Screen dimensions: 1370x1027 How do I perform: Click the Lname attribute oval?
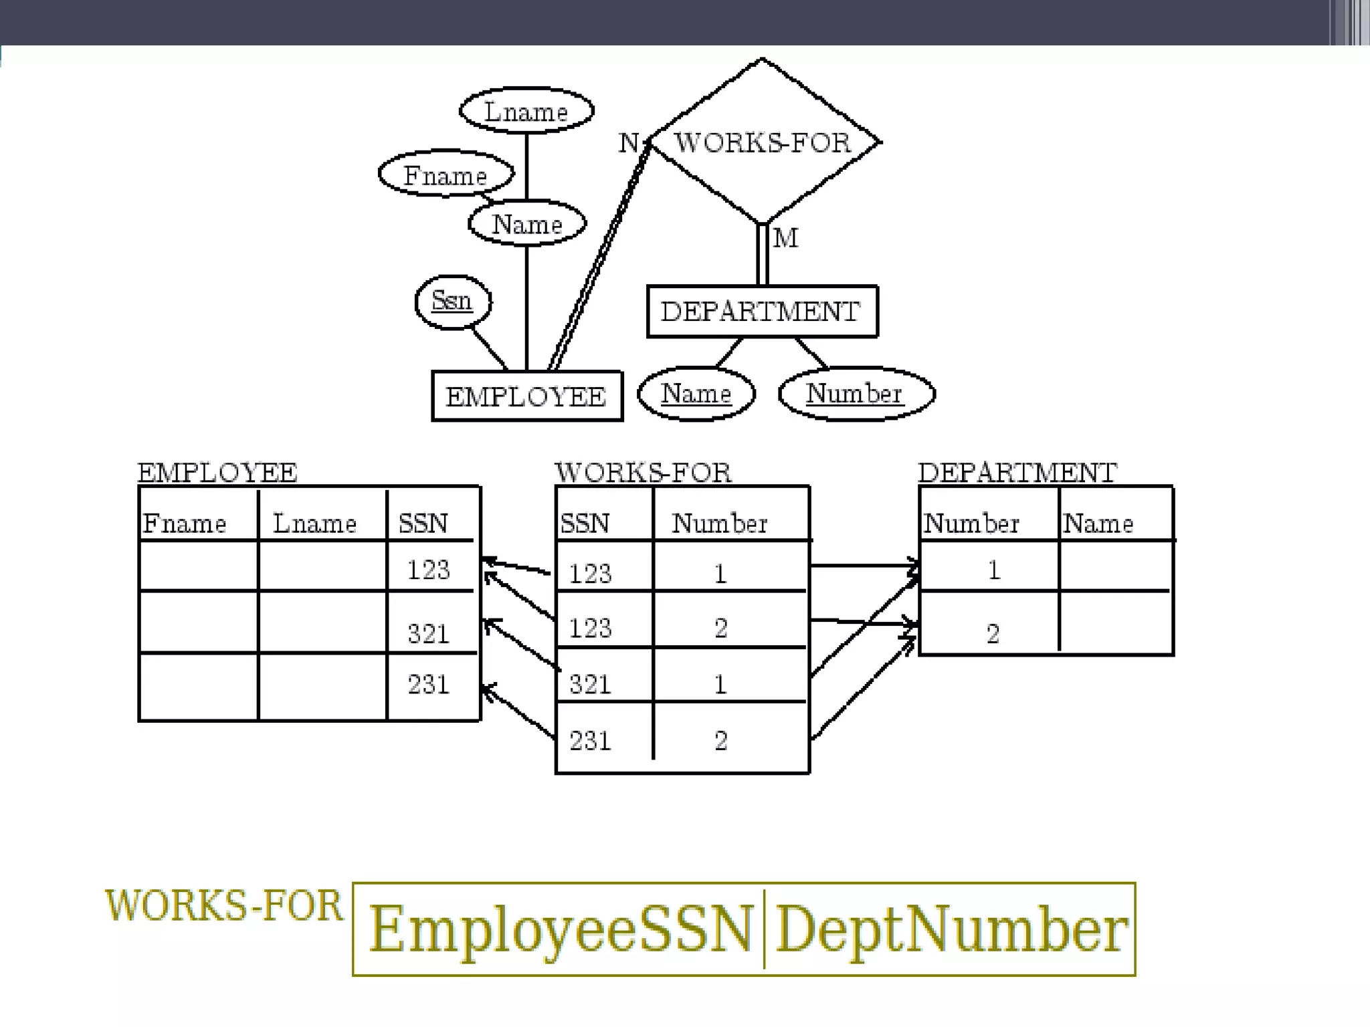click(526, 111)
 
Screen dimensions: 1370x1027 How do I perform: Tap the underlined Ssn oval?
click(452, 301)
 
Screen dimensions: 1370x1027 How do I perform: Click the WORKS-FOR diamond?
click(763, 142)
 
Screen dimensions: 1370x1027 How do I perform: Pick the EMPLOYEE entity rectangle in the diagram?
click(526, 396)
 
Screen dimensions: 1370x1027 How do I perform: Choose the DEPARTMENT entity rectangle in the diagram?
click(761, 312)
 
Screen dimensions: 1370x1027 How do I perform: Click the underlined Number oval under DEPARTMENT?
click(855, 393)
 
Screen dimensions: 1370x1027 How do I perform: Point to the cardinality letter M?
click(785, 238)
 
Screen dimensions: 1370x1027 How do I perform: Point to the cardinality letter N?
click(629, 142)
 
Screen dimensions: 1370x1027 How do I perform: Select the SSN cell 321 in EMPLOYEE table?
click(429, 633)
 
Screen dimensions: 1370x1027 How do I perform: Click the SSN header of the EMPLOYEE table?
click(423, 523)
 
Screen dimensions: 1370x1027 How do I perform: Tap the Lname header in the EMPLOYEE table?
click(314, 523)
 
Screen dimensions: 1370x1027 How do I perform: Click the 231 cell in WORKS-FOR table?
click(590, 740)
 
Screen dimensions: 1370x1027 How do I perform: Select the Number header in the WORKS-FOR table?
click(720, 523)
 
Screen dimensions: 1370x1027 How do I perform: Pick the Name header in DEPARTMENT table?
click(1098, 523)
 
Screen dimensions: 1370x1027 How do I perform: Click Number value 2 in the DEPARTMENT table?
click(993, 633)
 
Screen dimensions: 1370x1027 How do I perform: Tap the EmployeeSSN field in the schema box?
click(561, 929)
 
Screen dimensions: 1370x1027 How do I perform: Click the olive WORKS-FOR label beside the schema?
click(223, 906)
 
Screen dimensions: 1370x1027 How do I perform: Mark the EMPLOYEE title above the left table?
click(217, 473)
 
